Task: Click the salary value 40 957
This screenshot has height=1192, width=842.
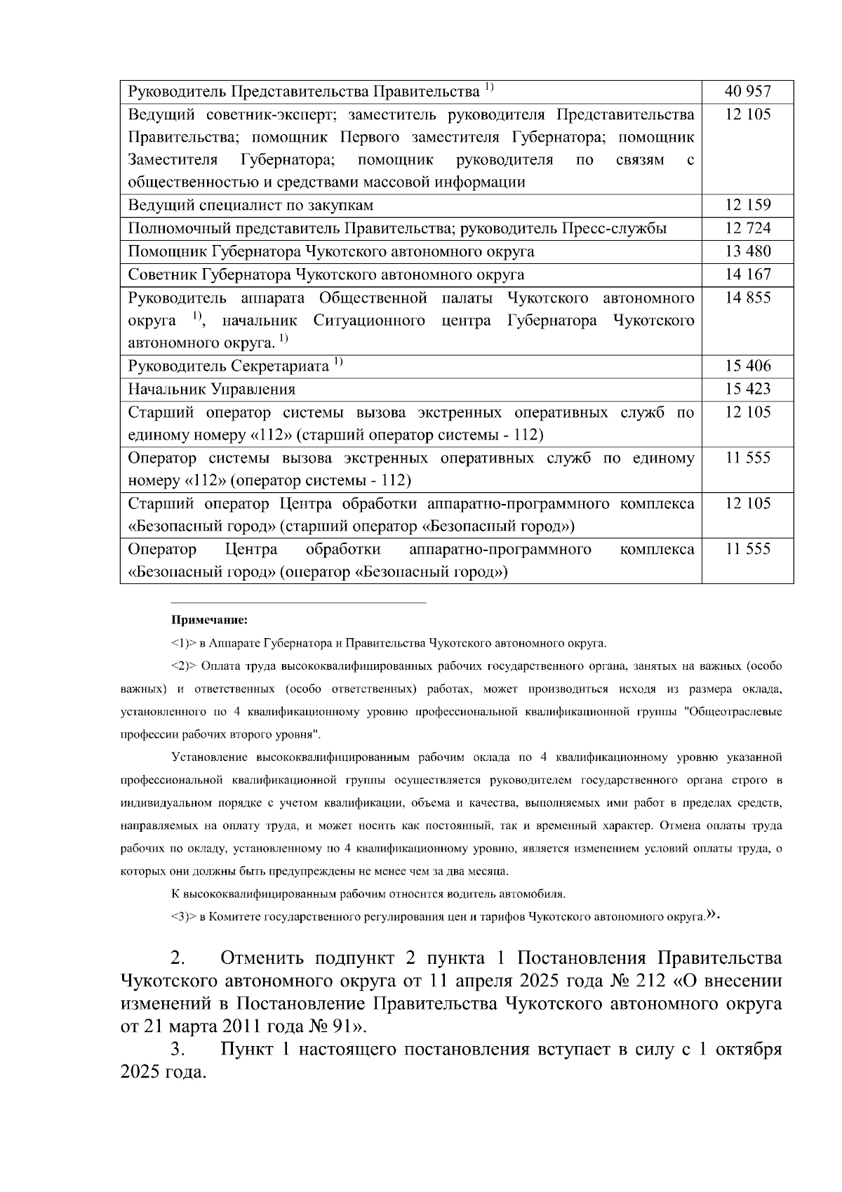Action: coord(748,91)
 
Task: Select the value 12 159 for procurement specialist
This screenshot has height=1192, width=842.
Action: coord(748,205)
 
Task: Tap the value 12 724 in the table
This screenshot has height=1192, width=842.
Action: coord(748,228)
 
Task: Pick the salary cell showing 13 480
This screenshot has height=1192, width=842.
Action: coord(748,251)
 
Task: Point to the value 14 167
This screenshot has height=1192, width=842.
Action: coord(748,274)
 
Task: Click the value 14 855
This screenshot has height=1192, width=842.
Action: coord(748,298)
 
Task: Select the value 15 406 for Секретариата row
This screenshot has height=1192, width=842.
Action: coord(748,366)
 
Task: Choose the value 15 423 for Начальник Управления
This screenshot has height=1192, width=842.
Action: coord(748,389)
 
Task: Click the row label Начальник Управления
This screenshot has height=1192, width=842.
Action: coord(211,389)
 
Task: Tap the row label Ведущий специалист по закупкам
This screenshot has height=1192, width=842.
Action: coord(250,205)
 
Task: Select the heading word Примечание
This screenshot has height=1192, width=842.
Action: coord(210,621)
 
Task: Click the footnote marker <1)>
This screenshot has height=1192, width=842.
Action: coord(184,643)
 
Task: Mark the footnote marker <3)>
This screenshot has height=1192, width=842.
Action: coord(184,917)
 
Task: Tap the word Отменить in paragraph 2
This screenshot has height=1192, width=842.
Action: coord(262,959)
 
